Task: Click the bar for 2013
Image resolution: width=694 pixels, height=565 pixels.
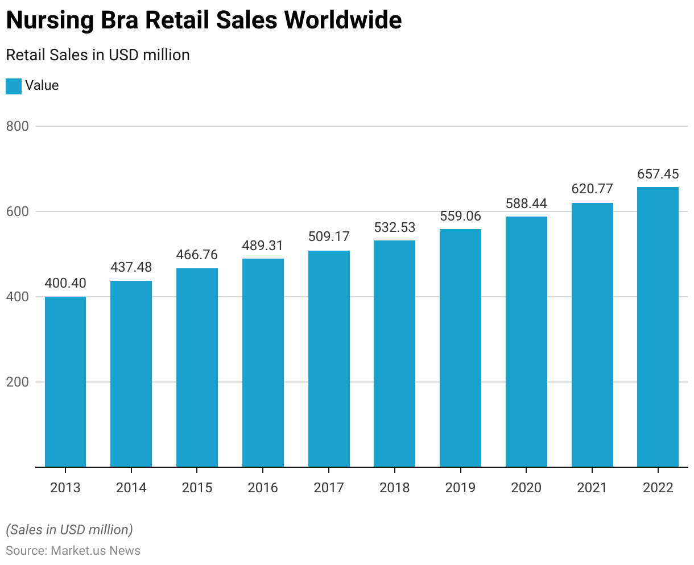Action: point(65,381)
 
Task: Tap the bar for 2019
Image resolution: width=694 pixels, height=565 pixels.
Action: point(460,348)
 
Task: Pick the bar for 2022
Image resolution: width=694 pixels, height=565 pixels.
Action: point(658,327)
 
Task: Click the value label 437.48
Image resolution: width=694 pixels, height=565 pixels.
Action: point(131,267)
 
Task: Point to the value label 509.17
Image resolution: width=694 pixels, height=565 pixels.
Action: point(329,236)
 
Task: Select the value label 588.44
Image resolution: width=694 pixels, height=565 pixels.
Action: point(526,203)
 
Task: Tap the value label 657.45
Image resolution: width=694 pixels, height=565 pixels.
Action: point(658,174)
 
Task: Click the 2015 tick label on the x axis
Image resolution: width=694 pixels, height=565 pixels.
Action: point(197,488)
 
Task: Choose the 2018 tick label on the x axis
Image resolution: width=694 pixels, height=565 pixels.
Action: point(394,488)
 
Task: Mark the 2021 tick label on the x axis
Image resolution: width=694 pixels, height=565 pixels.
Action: point(592,488)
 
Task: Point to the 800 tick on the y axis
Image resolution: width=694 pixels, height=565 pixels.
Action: point(17,126)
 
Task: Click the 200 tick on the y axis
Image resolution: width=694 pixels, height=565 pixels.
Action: point(17,382)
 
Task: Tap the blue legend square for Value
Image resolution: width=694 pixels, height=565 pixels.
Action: point(14,86)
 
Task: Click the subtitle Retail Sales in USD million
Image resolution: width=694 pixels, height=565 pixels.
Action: point(97,55)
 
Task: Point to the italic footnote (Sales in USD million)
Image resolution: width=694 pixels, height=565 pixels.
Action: point(69,530)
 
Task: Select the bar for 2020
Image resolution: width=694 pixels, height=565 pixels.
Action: point(526,342)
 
